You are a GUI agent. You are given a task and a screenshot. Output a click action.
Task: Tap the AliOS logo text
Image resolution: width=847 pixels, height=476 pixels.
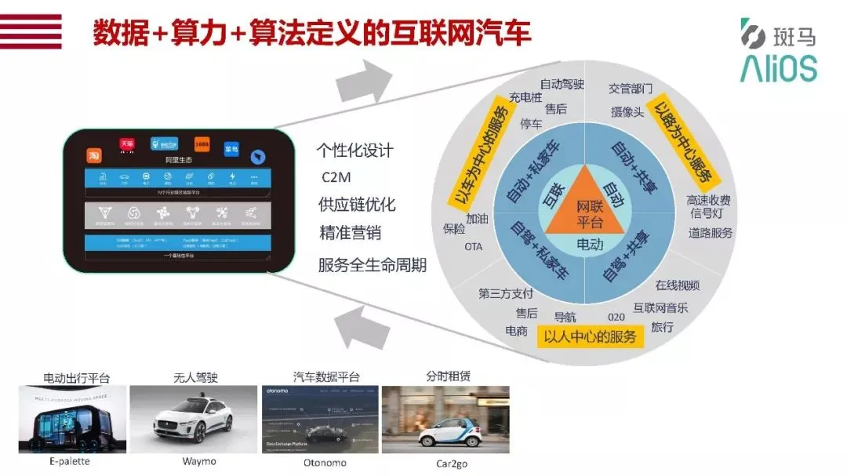pos(778,68)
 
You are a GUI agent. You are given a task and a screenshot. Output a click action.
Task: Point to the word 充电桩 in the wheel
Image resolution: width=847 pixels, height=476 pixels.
pos(525,97)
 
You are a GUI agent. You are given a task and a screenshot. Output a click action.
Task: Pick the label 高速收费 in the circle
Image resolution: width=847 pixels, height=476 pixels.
pos(708,199)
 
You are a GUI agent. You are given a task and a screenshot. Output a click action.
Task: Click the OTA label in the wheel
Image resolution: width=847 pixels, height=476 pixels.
pos(474,246)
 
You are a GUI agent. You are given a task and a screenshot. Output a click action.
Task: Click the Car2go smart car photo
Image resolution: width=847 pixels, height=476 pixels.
pos(445,419)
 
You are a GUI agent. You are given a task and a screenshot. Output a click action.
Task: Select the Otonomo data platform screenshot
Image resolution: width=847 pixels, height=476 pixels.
pos(319,419)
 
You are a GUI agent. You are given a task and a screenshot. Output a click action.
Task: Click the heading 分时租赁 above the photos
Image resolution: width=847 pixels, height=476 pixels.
pos(448,376)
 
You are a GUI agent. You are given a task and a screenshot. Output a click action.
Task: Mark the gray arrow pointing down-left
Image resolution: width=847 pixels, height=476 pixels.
pos(362,324)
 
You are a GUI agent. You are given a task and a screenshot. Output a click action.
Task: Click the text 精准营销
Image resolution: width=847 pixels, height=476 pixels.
pos(349,234)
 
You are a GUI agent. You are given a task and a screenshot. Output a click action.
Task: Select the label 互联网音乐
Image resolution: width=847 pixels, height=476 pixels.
pos(660,307)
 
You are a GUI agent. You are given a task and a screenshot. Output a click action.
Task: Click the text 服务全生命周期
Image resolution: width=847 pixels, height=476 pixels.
pos(372,264)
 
